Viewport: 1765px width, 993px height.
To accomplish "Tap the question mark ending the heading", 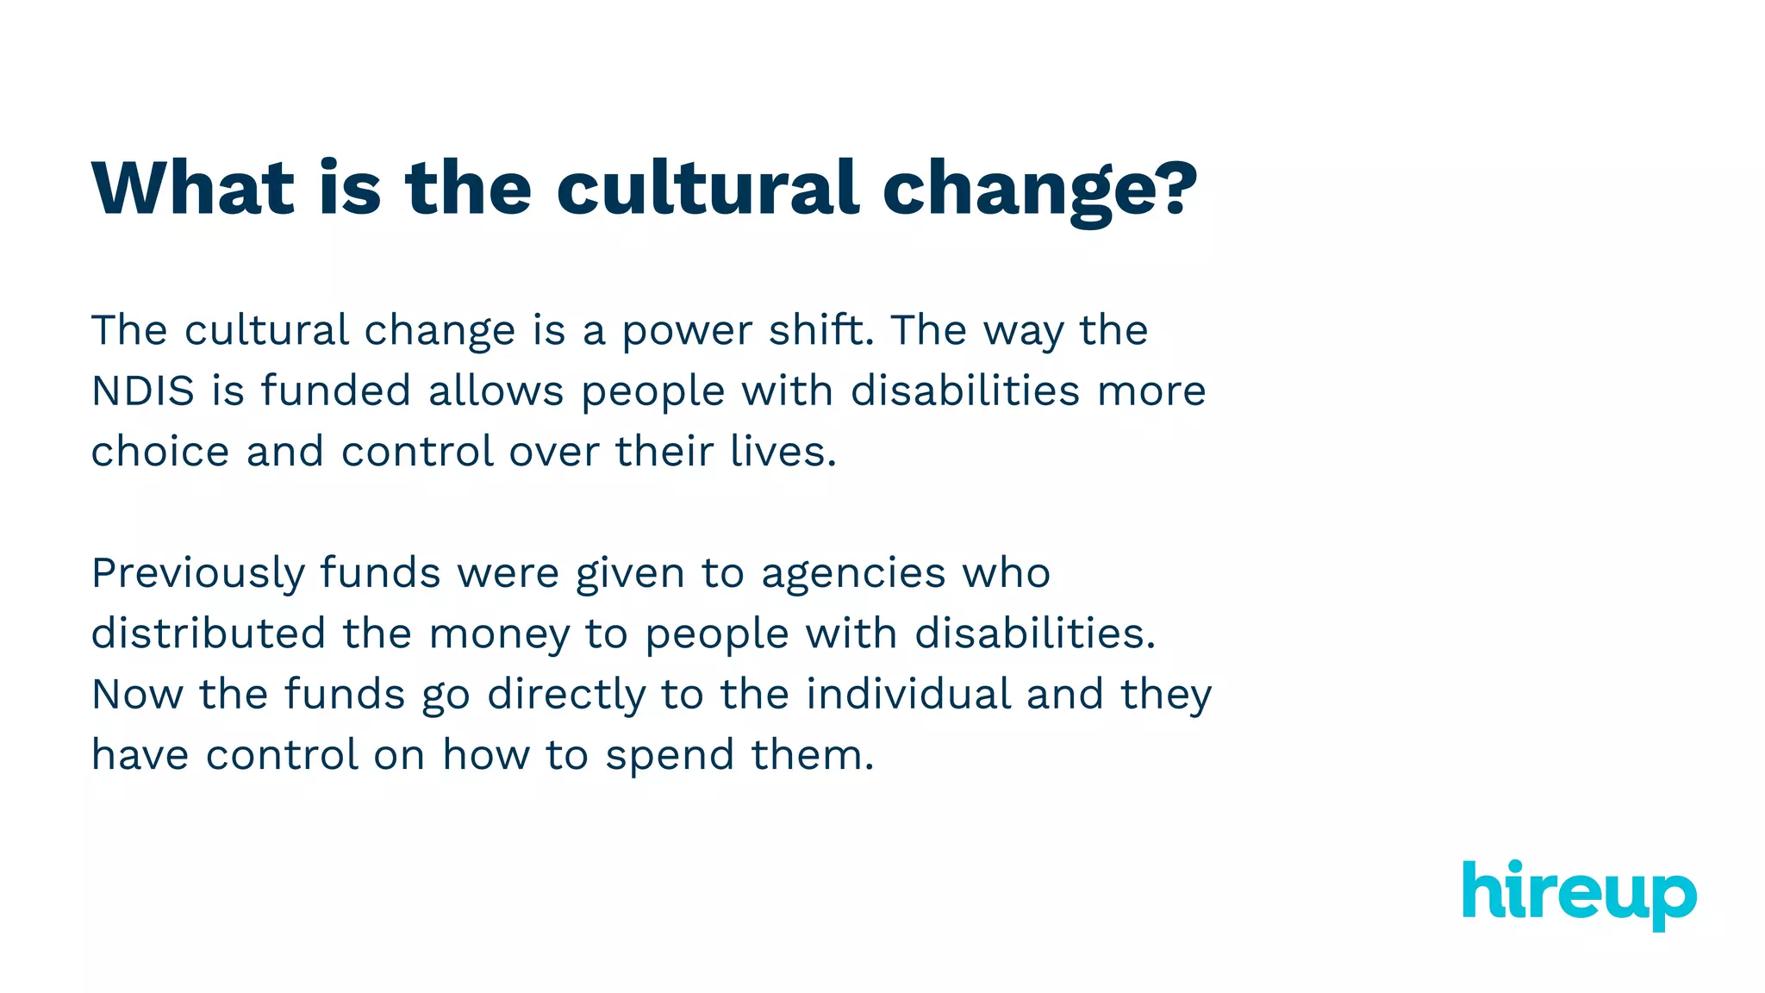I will click(x=1171, y=188).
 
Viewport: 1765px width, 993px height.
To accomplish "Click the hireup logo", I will click(x=1579, y=894).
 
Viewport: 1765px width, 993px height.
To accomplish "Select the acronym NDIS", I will click(x=143, y=391).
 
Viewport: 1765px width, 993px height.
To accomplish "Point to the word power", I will click(x=687, y=332).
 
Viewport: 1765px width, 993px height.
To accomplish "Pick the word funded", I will click(x=335, y=390).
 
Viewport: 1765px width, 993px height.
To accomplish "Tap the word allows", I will click(x=496, y=391).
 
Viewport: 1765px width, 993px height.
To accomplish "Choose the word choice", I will click(x=160, y=452).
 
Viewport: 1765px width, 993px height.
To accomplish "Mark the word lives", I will click(x=783, y=452).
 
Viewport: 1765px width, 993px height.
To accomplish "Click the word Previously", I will click(x=197, y=574).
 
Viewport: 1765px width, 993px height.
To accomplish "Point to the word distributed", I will click(x=208, y=634).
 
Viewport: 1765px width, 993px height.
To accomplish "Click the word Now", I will click(x=137, y=695).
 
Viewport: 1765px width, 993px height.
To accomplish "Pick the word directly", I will click(x=566, y=695).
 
